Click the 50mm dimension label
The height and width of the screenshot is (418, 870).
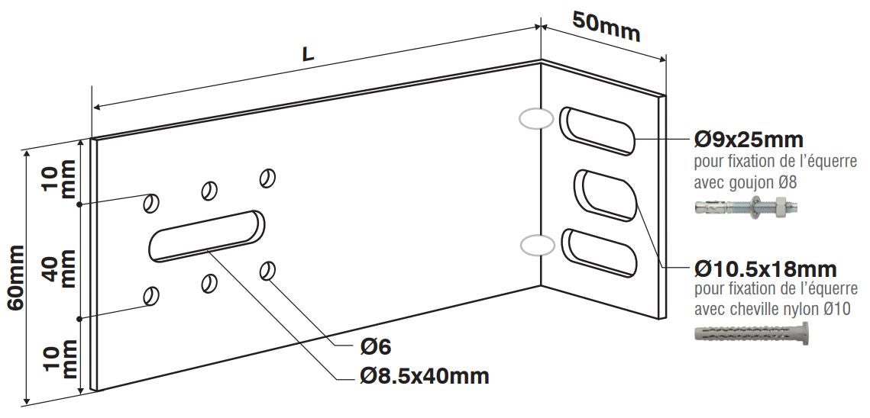click(606, 27)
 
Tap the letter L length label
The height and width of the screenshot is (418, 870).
click(308, 53)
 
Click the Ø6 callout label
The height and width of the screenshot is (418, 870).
click(376, 347)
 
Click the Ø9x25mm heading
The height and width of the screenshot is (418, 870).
click(749, 139)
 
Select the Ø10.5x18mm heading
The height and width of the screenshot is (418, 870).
click(765, 269)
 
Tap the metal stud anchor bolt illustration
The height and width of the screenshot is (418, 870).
click(746, 207)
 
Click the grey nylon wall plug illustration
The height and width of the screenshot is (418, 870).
click(751, 335)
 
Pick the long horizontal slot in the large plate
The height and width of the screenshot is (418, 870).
click(206, 236)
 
